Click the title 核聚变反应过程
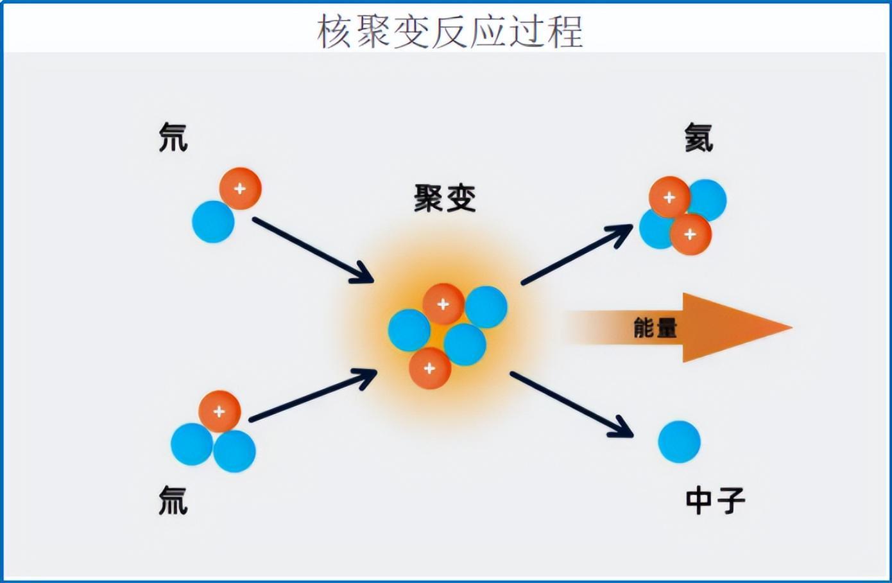tap(450, 31)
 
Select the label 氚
tap(173, 500)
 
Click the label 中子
tap(715, 500)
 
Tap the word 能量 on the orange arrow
tap(655, 327)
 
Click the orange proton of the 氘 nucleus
tap(240, 189)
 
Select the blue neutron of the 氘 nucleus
tap(213, 222)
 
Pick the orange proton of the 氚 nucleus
tap(219, 411)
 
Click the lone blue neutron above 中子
tap(679, 442)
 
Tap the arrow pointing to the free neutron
tap(571, 405)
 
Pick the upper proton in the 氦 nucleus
tap(669, 197)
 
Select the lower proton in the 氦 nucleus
tap(690, 234)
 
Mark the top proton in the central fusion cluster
tap(443, 304)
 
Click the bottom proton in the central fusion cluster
tap(430, 368)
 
